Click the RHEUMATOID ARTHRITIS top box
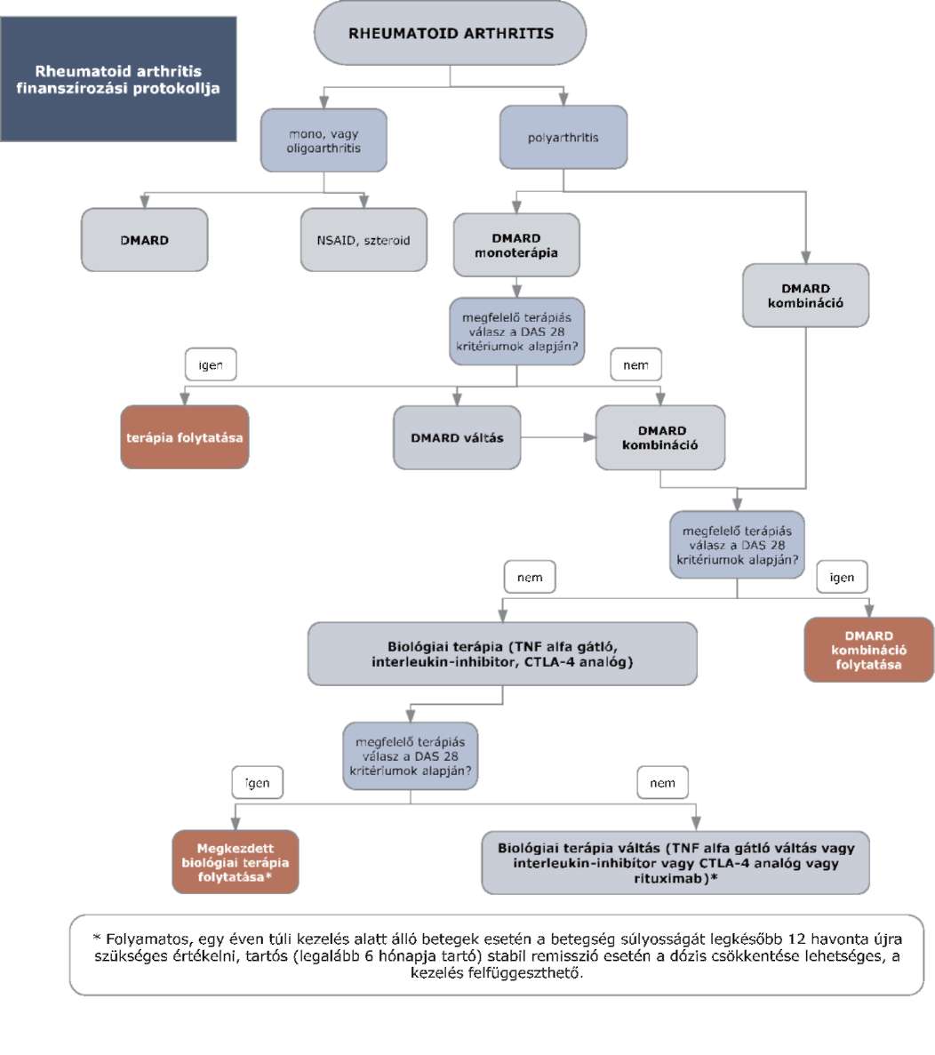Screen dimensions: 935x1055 (450, 33)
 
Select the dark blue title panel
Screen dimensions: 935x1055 (118, 79)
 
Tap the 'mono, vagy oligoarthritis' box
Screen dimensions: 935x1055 (324, 140)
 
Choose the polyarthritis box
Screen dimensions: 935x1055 (563, 137)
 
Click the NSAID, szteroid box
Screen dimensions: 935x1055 (364, 240)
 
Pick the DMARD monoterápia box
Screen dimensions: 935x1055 (515, 245)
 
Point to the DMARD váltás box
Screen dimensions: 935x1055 (457, 437)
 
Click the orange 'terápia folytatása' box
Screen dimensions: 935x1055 (184, 437)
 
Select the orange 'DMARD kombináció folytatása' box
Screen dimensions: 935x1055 (868, 650)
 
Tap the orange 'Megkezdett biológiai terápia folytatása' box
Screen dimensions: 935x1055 (236, 862)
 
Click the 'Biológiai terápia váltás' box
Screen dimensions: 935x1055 (675, 862)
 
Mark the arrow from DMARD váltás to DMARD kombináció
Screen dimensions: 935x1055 (557, 437)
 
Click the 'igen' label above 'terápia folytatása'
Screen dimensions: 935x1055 (211, 364)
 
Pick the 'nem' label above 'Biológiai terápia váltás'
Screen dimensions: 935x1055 (662, 782)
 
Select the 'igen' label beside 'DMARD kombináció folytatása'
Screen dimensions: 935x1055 (842, 578)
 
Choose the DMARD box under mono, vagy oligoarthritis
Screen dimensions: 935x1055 (145, 240)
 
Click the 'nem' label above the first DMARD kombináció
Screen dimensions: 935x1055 (635, 364)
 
